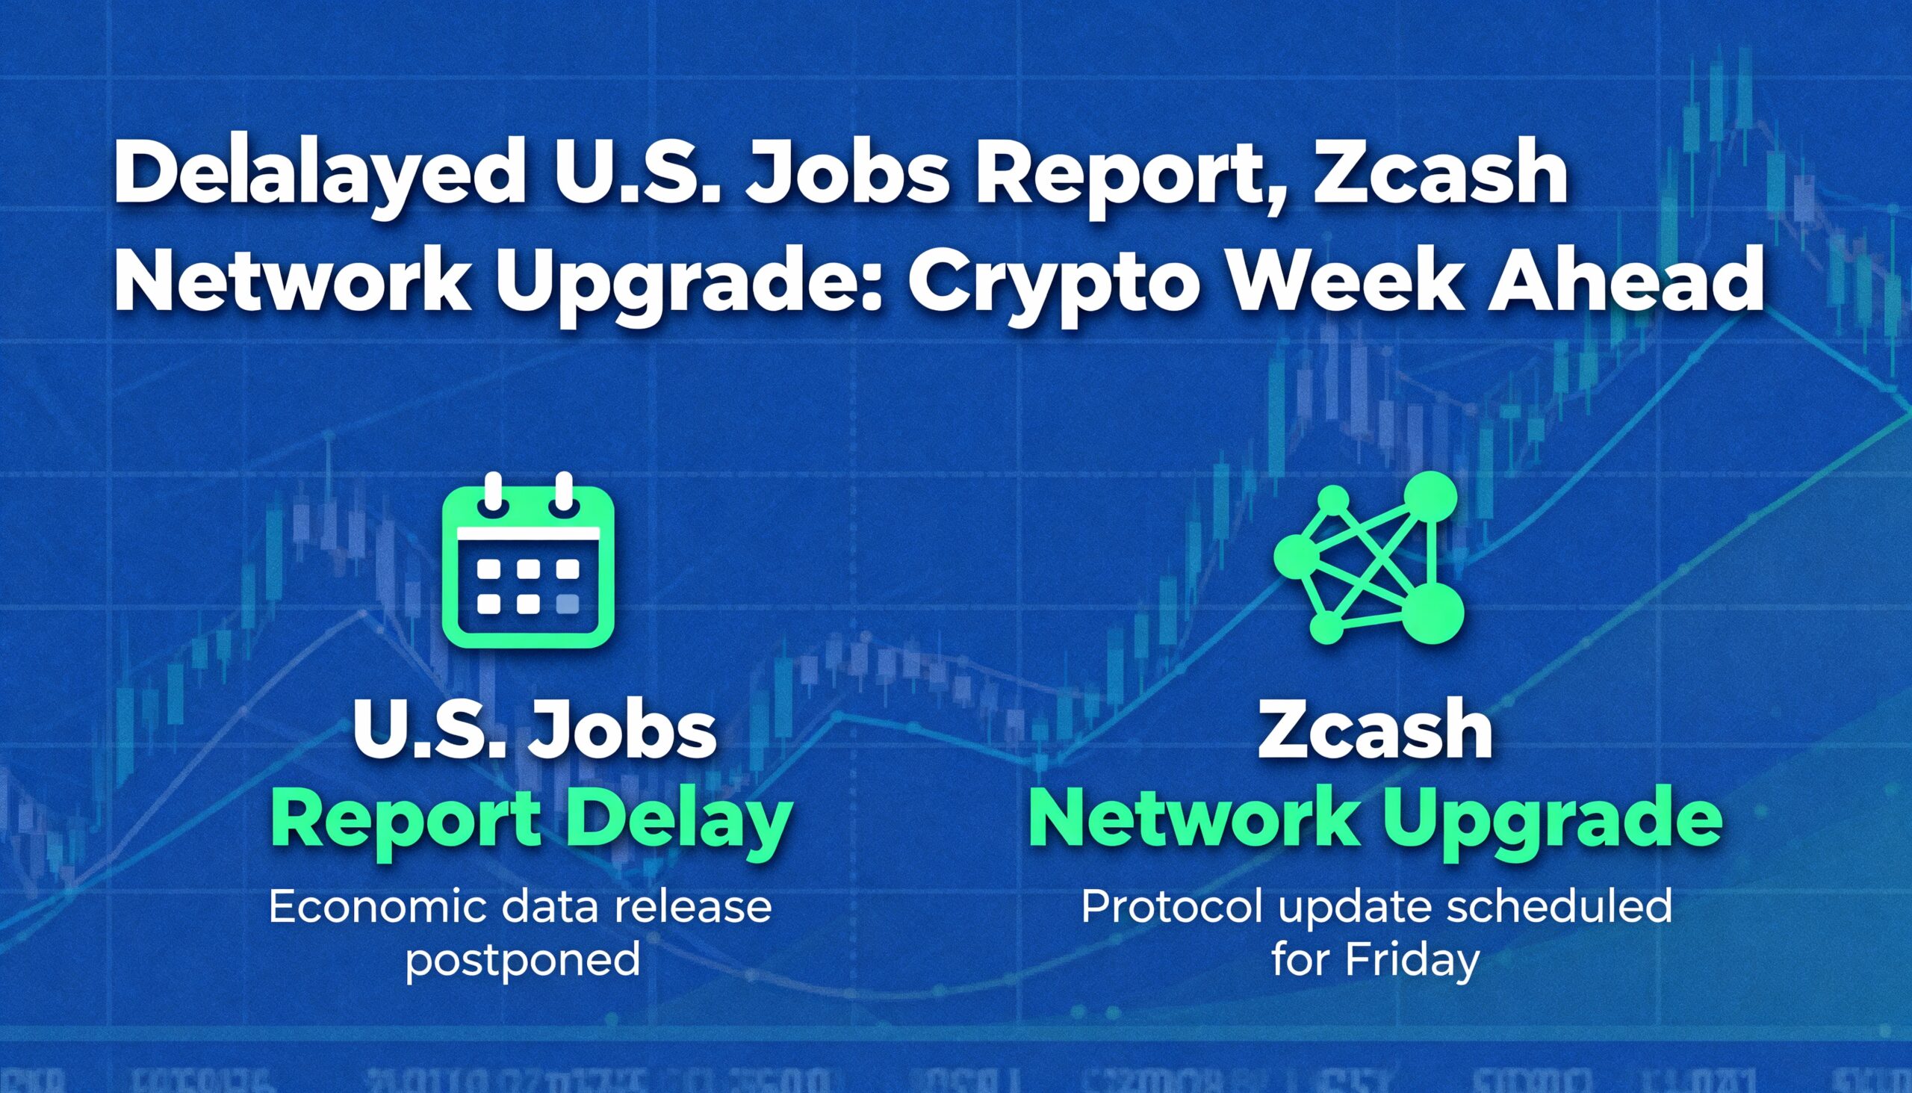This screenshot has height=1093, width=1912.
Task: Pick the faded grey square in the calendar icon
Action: tap(568, 604)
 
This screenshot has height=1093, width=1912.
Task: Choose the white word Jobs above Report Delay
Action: tap(622, 731)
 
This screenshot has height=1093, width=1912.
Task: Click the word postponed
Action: tap(522, 959)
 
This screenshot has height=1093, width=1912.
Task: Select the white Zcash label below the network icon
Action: tap(1376, 731)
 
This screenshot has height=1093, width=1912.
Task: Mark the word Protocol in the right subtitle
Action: tap(1170, 907)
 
